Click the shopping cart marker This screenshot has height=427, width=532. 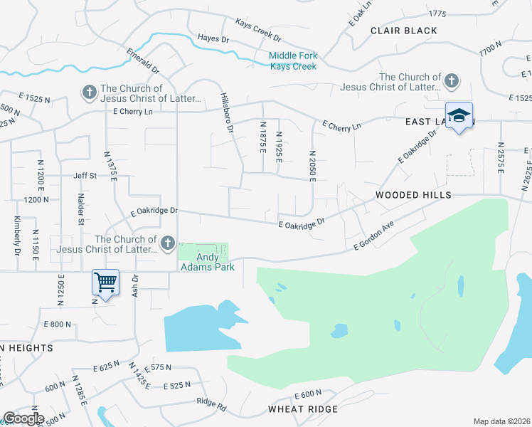(x=105, y=283)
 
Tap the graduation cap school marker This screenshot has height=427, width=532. (x=459, y=116)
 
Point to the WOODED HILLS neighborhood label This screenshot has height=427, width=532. (x=413, y=195)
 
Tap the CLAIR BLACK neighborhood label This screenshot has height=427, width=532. (x=404, y=31)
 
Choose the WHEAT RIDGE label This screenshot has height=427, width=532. (x=303, y=409)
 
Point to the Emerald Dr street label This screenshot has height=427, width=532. (x=143, y=61)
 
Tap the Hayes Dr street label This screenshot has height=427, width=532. (x=213, y=38)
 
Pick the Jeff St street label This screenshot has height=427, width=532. (x=85, y=175)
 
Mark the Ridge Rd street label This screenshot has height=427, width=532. (x=211, y=403)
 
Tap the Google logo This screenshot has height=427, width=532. (x=23, y=418)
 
